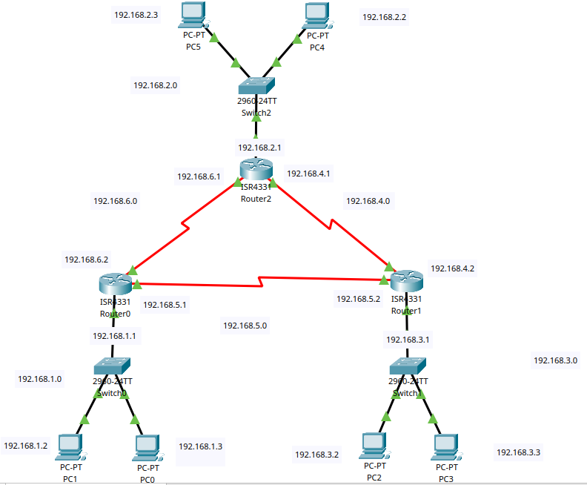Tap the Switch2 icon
[x=256, y=86]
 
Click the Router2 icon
[x=256, y=170]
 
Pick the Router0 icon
[x=115, y=284]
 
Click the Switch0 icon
[x=113, y=366]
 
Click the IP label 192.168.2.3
[x=136, y=15]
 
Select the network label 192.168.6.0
[x=115, y=200]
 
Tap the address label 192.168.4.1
[x=308, y=174]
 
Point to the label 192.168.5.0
[x=245, y=325]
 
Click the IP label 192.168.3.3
[x=518, y=452]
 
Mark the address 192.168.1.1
[x=114, y=336]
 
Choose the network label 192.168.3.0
[x=555, y=360]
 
